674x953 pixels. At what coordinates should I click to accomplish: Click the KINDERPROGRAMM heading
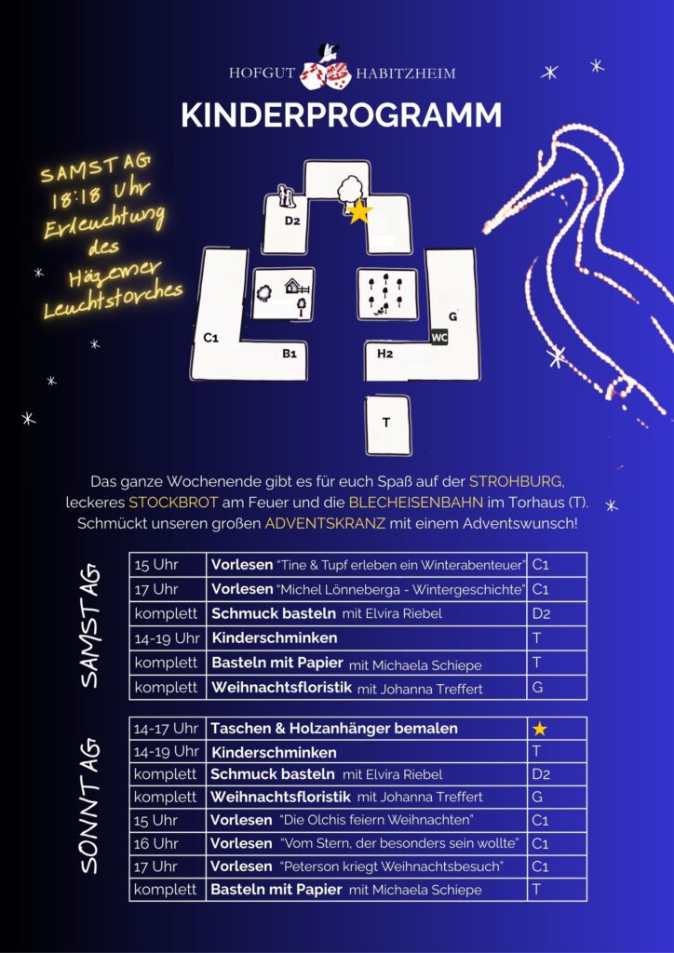pos(342,115)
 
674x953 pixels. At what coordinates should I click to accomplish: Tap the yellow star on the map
pos(359,211)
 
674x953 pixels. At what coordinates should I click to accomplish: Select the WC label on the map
pos(438,337)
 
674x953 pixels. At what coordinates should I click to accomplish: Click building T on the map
pos(388,424)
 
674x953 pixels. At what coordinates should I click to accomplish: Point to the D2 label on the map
pos(292,221)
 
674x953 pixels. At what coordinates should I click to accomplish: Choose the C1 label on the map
pos(211,339)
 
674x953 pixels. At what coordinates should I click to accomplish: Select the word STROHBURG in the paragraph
pos(516,482)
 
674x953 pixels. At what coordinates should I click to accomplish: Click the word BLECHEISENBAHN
pos(416,503)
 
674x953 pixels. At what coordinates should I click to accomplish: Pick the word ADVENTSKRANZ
pos(325,523)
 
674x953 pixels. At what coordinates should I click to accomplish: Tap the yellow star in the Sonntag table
pos(540,729)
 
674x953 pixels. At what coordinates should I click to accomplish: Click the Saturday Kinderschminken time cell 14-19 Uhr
pos(168,638)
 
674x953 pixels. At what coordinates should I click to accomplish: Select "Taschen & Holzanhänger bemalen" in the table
pos(333,728)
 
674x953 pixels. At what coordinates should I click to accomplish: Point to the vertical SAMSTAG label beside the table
pos(90,626)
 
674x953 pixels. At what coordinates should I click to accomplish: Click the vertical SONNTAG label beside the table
pos(90,807)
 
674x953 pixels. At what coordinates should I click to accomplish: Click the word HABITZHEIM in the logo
pos(405,74)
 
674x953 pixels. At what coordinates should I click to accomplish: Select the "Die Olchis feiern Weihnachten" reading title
pos(376,820)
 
